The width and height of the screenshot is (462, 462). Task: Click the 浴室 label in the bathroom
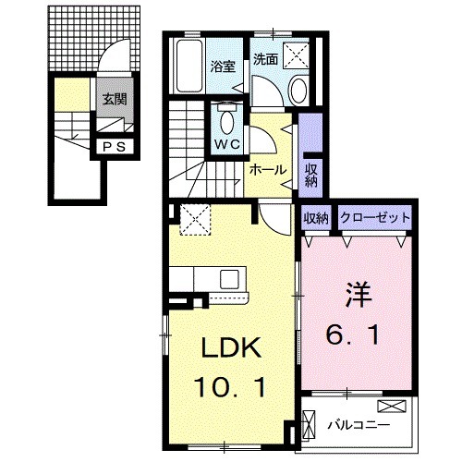coord(222,67)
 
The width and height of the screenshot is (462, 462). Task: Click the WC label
coord(227,145)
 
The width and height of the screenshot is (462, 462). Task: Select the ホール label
coord(267,171)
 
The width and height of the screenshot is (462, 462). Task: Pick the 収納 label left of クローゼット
coord(316,218)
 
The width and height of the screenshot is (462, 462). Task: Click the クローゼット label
coord(374,218)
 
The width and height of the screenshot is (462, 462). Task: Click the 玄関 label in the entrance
coord(115,101)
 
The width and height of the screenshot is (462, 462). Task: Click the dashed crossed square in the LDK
coord(195,220)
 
